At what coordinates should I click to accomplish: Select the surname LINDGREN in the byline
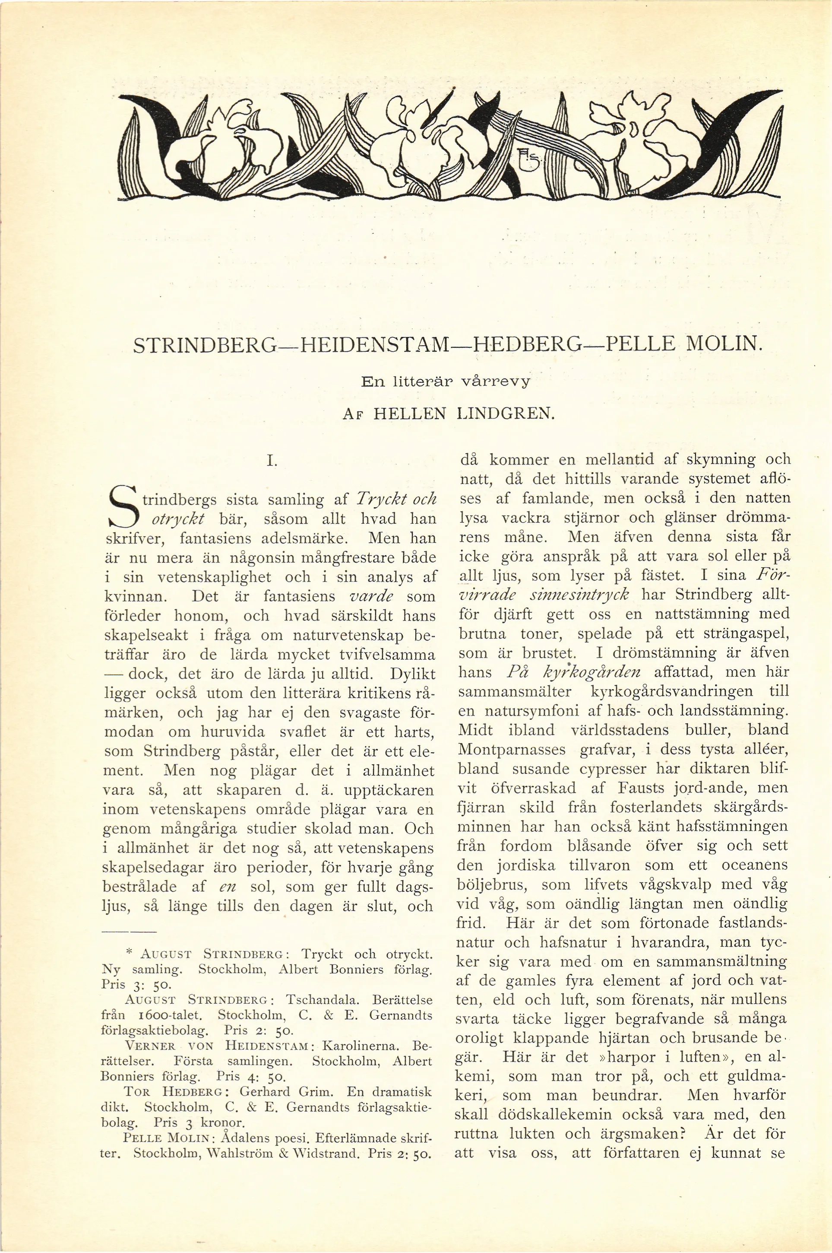tap(505, 413)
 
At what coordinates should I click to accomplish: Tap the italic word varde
tap(371, 596)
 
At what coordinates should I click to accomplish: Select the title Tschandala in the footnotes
tap(323, 1000)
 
